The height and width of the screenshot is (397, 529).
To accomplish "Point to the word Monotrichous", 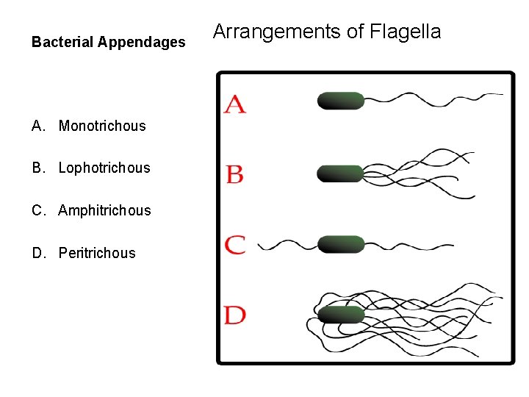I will point(102,126).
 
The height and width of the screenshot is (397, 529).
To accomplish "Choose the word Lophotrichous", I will point(104,168).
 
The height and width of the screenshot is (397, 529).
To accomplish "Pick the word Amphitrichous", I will point(104,210).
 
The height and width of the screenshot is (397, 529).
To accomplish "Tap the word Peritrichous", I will point(97,253).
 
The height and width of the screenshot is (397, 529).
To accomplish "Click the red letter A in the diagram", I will point(235,104).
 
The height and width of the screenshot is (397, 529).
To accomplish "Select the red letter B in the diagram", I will point(235,174).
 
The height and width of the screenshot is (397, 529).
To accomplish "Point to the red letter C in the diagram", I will point(235,245).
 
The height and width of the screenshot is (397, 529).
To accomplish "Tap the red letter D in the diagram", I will point(235,315).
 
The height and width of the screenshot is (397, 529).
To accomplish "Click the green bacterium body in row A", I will point(341,101).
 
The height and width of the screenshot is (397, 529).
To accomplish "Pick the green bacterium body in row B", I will point(341,174).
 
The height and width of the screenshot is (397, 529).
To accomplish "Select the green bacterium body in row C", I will point(341,245).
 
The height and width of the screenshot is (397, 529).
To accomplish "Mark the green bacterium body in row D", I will point(341,315).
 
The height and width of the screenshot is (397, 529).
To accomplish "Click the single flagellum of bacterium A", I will point(433,97).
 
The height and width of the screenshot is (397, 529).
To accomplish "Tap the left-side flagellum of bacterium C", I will point(287,245).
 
